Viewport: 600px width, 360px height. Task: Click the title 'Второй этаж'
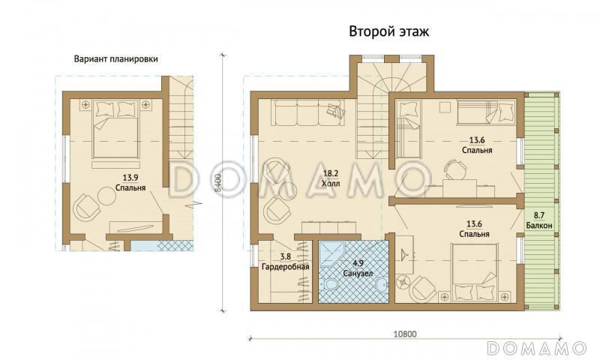(x=388, y=32)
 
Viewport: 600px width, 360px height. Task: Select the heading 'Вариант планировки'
(x=115, y=60)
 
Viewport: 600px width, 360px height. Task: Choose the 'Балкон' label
(x=538, y=225)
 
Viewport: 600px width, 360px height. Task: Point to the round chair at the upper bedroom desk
(x=453, y=167)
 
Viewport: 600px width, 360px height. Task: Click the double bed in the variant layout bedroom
(x=116, y=131)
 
